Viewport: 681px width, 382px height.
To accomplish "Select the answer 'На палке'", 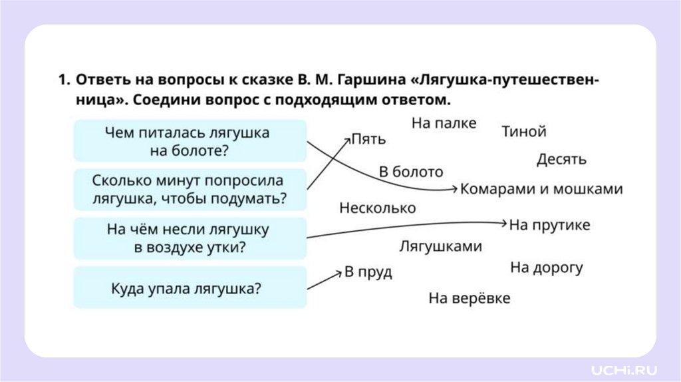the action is [444, 123].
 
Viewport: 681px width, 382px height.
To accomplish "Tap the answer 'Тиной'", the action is [524, 132].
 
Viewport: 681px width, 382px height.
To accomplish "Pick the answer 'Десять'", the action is [561, 160].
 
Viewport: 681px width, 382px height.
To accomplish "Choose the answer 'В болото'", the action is [411, 172].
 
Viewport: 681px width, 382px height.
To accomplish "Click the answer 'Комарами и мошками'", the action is [541, 189].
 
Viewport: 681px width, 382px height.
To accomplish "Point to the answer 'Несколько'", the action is [377, 208].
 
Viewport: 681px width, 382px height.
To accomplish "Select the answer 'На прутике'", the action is [550, 225].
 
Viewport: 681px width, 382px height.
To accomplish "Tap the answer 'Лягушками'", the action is [440, 247].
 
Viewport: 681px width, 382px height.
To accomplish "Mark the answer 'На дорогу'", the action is [547, 268].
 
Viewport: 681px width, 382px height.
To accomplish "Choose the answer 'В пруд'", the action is [368, 272].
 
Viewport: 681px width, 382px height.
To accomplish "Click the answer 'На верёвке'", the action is [469, 298].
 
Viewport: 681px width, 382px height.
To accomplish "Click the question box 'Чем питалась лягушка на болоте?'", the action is [190, 140].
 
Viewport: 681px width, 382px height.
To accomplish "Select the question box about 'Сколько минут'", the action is [190, 189].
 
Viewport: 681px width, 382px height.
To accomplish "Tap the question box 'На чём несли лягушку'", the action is [190, 238].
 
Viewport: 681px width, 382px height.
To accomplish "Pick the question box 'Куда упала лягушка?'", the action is [190, 287].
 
